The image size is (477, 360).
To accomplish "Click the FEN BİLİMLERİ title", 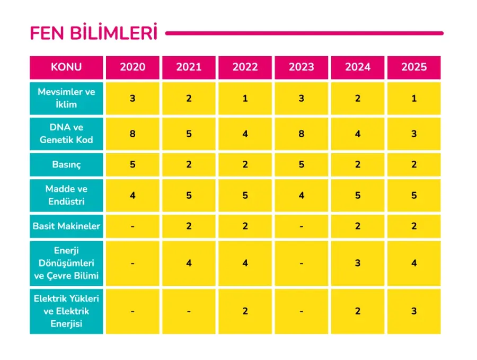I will click(x=93, y=33).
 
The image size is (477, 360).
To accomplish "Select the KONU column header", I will click(x=66, y=67).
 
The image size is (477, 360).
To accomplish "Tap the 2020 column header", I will click(x=132, y=67).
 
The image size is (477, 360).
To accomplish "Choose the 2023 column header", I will click(x=301, y=67).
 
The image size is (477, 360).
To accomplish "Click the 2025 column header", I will click(x=413, y=67).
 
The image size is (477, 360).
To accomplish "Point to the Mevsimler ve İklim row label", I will click(x=66, y=98).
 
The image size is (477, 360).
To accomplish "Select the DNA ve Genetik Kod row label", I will click(x=66, y=134).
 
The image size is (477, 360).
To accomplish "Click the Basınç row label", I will click(x=66, y=164).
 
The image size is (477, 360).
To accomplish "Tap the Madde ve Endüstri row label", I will click(x=66, y=195).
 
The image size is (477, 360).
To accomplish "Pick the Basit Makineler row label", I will click(x=66, y=226).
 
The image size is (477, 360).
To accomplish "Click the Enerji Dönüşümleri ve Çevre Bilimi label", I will click(x=66, y=262).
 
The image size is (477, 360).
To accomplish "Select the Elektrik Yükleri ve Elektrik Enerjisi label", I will click(x=66, y=311).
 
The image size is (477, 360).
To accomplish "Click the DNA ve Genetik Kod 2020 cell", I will click(x=132, y=134).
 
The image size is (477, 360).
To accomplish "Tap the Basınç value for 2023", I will click(x=301, y=164).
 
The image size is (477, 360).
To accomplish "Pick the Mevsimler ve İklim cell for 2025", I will click(x=413, y=98).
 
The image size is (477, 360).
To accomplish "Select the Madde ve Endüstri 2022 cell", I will click(x=245, y=195).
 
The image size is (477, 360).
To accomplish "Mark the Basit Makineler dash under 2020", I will click(x=132, y=226).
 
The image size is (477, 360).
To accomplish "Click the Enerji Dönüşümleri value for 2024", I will click(x=358, y=262).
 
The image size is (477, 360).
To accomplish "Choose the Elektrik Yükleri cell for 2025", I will click(x=413, y=311).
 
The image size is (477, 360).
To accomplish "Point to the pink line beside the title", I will click(x=304, y=33).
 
